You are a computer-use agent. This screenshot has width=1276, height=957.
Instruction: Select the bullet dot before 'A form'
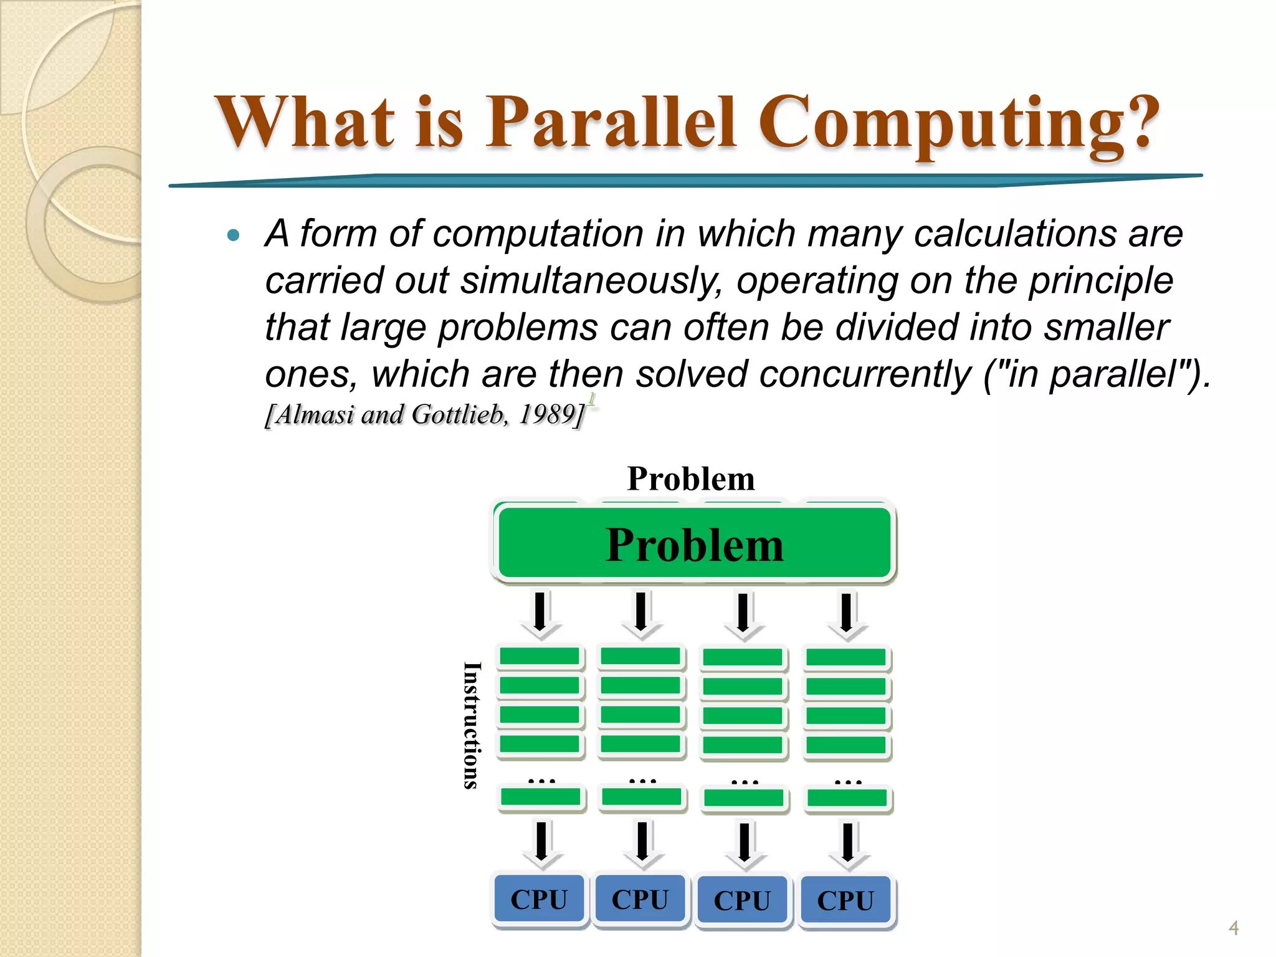click(234, 236)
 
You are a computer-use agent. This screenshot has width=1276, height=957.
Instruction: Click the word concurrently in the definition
click(865, 374)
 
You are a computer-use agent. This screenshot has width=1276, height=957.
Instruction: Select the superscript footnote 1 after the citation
click(591, 399)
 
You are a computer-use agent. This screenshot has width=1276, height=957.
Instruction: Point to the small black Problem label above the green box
click(691, 479)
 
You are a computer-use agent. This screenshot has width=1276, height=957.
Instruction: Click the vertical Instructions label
click(472, 725)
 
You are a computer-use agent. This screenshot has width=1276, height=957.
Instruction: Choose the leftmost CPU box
click(540, 899)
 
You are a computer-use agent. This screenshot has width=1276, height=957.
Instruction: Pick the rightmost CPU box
click(845, 900)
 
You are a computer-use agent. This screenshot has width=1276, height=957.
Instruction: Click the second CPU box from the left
click(640, 899)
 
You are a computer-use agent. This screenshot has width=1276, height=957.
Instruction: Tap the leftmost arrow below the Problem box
click(540, 613)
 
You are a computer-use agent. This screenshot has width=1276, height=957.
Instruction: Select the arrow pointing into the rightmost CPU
click(847, 844)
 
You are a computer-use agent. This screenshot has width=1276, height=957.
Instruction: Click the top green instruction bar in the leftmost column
click(540, 656)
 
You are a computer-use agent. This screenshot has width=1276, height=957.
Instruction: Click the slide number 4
click(1233, 928)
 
